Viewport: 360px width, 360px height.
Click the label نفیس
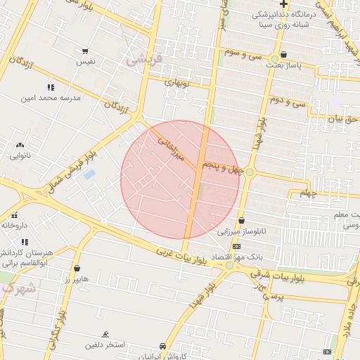pos(85,63)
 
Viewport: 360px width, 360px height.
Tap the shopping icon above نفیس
pos(85,51)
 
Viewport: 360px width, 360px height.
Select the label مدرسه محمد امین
pos(51,98)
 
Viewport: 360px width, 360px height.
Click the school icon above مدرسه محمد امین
pos(50,87)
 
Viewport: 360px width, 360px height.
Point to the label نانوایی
pos(20,155)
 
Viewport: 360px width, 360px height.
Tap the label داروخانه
pos(14,226)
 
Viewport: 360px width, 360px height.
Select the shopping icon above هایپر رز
pos(77,268)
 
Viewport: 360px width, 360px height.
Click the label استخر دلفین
pos(105,345)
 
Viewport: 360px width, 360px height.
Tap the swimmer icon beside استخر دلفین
pos(105,333)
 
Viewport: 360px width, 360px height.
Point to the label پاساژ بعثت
pos(283,65)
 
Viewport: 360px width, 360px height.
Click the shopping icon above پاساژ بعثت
pos(283,54)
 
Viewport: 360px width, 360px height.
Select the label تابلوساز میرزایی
pos(241,231)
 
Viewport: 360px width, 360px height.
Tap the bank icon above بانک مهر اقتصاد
pos(236,247)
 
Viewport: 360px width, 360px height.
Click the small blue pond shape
pos(89,174)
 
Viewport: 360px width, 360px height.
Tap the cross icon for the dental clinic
pos(283,4)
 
